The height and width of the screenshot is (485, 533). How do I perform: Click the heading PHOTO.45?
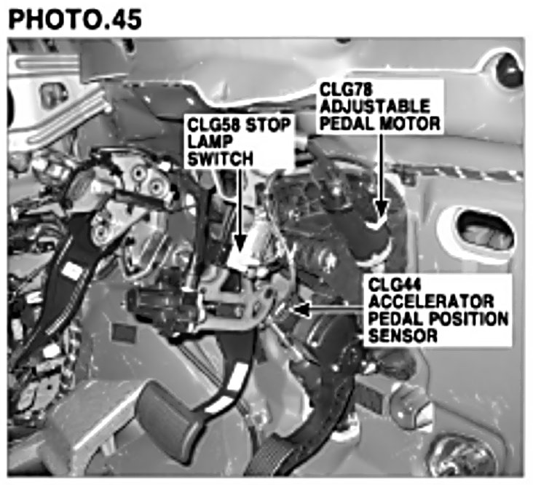pyautogui.click(x=75, y=18)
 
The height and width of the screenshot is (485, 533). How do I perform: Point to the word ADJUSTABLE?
pyautogui.click(x=375, y=106)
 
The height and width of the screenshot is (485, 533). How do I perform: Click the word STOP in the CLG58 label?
pyautogui.click(x=269, y=124)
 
